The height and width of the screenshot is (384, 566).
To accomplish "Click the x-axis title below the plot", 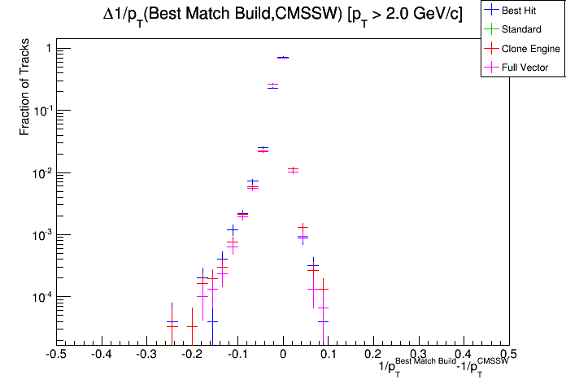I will pyautogui.click(x=444, y=368).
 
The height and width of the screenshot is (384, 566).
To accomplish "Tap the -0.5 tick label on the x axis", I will pyautogui.click(x=55, y=355).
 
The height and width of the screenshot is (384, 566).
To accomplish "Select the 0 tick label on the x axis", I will pyautogui.click(x=283, y=355).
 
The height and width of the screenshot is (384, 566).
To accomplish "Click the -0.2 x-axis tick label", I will pyautogui.click(x=192, y=355).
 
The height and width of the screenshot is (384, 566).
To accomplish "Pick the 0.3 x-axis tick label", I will pyautogui.click(x=419, y=355).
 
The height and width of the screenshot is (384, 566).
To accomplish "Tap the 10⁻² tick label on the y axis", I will pyautogui.click(x=41, y=172).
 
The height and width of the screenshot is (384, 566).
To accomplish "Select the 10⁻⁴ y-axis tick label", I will pyautogui.click(x=41, y=297).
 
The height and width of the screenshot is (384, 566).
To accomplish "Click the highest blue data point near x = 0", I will pyautogui.click(x=283, y=58).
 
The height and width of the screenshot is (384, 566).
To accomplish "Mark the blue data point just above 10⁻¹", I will pyautogui.click(x=273, y=86).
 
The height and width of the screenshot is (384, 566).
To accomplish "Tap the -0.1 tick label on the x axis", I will pyautogui.click(x=237, y=355).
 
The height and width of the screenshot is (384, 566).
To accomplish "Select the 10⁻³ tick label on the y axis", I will pyautogui.click(x=41, y=234).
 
